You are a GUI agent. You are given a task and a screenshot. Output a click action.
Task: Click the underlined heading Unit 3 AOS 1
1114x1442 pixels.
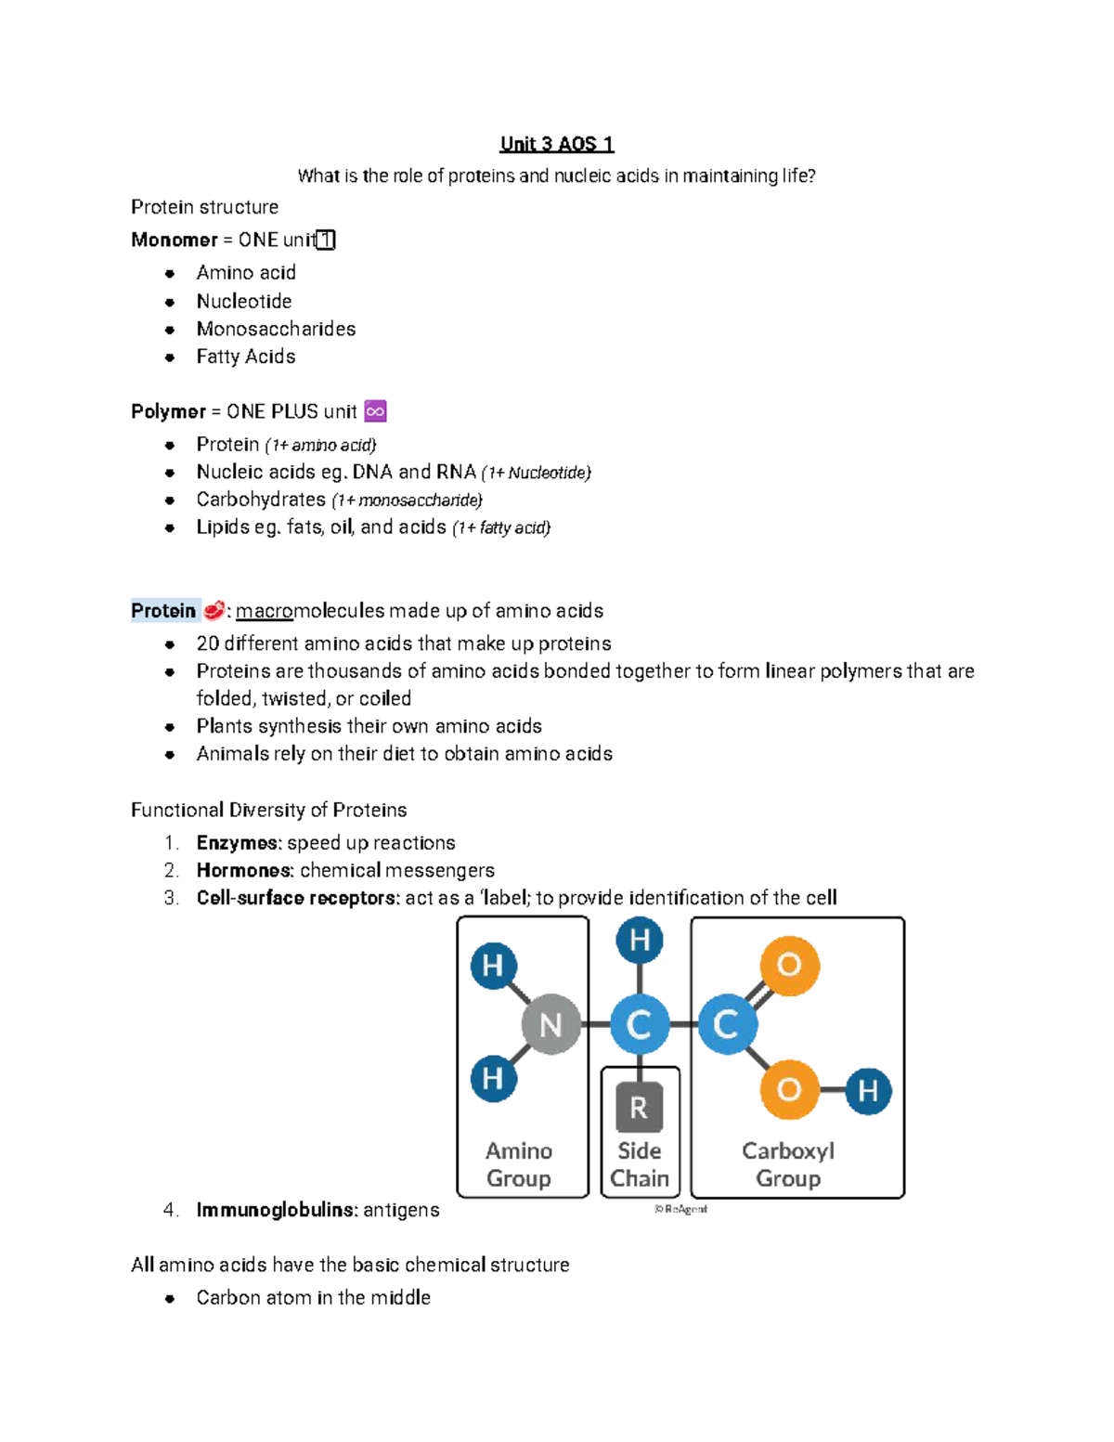557,144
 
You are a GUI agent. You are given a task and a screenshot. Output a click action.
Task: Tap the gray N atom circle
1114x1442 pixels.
551,1024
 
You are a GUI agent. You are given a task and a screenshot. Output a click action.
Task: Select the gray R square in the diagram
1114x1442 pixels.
639,1107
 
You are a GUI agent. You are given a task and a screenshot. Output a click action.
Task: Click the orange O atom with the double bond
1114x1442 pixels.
789,966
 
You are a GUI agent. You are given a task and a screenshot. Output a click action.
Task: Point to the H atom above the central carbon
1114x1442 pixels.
640,940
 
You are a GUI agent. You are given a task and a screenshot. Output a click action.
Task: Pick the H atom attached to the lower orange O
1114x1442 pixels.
868,1091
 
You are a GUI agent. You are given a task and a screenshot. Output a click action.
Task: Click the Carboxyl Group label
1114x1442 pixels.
788,1164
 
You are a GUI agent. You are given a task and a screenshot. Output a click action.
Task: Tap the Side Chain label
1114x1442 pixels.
640,1164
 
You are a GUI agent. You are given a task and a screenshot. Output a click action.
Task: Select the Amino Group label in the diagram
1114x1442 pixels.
519,1164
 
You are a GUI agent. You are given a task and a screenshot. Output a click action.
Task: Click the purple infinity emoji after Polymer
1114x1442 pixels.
376,411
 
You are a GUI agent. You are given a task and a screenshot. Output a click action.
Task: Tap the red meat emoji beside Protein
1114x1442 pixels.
214,610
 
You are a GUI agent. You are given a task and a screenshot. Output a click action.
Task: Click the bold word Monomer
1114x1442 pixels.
175,240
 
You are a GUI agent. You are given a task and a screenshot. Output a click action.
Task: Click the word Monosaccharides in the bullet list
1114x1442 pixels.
276,329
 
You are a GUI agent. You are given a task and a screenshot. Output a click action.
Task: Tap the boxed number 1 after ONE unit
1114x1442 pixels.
326,240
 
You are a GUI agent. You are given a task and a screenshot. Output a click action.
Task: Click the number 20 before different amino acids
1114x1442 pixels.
207,643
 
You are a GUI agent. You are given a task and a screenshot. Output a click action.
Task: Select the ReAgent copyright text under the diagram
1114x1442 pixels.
680,1209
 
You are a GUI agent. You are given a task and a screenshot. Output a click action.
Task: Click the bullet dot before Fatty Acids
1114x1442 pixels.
170,357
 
